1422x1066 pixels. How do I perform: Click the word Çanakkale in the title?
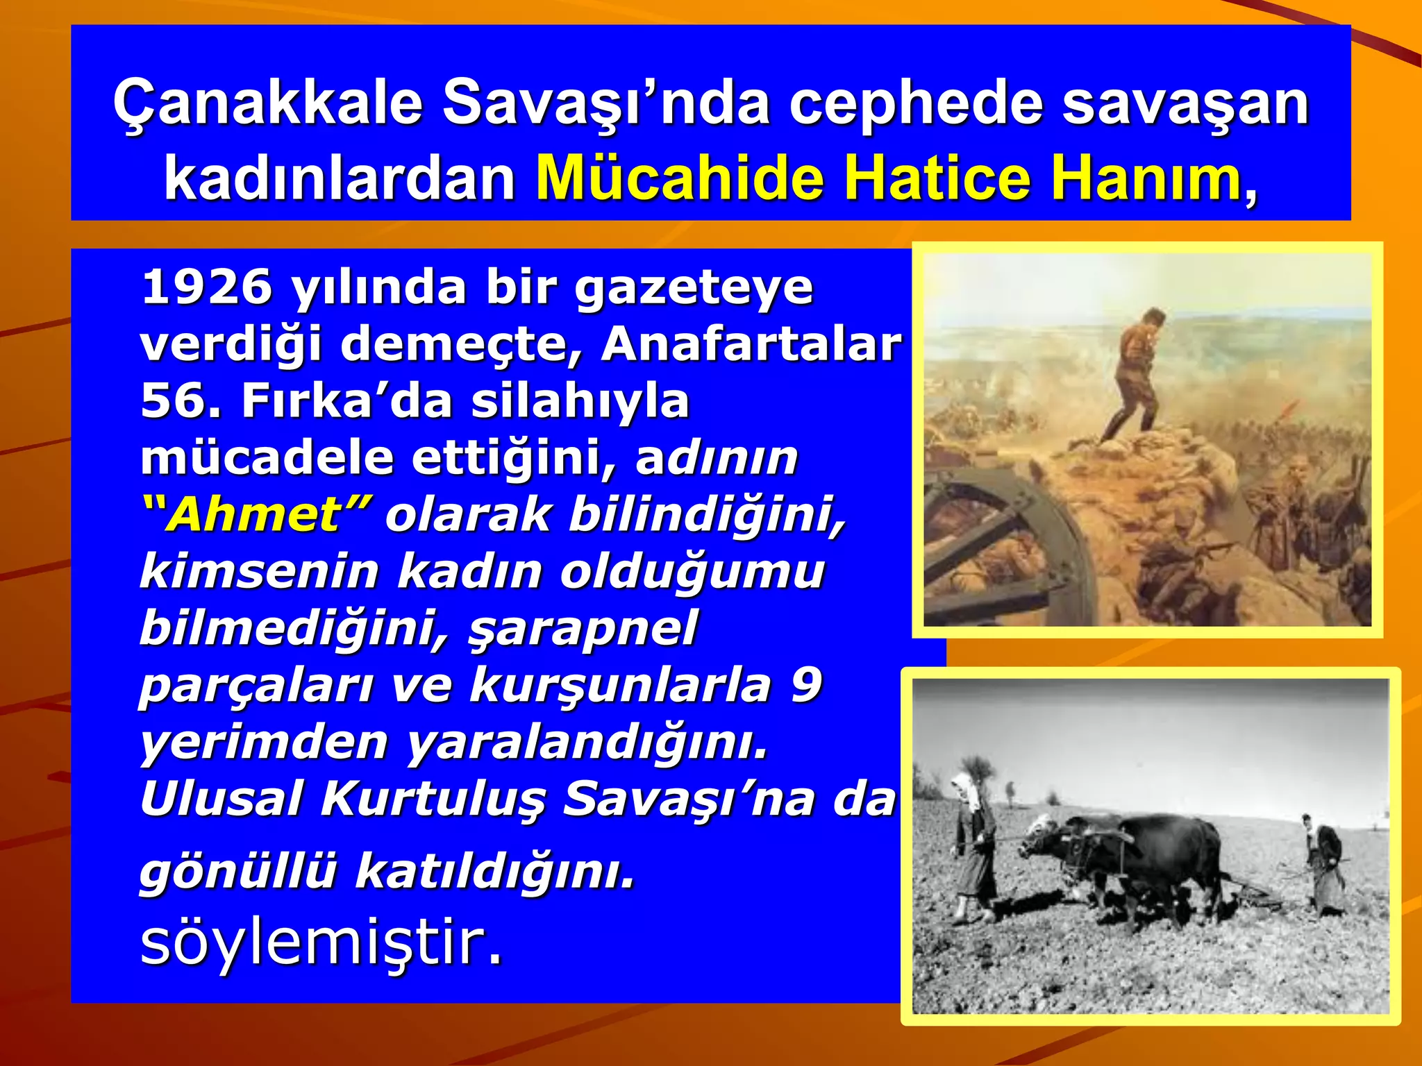pos(268,103)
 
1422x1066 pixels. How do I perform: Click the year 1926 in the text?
pos(207,287)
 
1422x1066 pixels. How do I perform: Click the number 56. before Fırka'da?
pos(181,400)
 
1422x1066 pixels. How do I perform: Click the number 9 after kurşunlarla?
pos(806,685)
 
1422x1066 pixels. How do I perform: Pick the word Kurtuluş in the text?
pos(433,799)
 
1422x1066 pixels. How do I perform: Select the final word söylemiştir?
pos(321,942)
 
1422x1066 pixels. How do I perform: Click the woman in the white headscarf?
pos(973,843)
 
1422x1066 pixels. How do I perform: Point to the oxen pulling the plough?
pos(1125,861)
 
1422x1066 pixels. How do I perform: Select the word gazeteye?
pos(694,287)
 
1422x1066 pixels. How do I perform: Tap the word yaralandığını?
pos(587,742)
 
